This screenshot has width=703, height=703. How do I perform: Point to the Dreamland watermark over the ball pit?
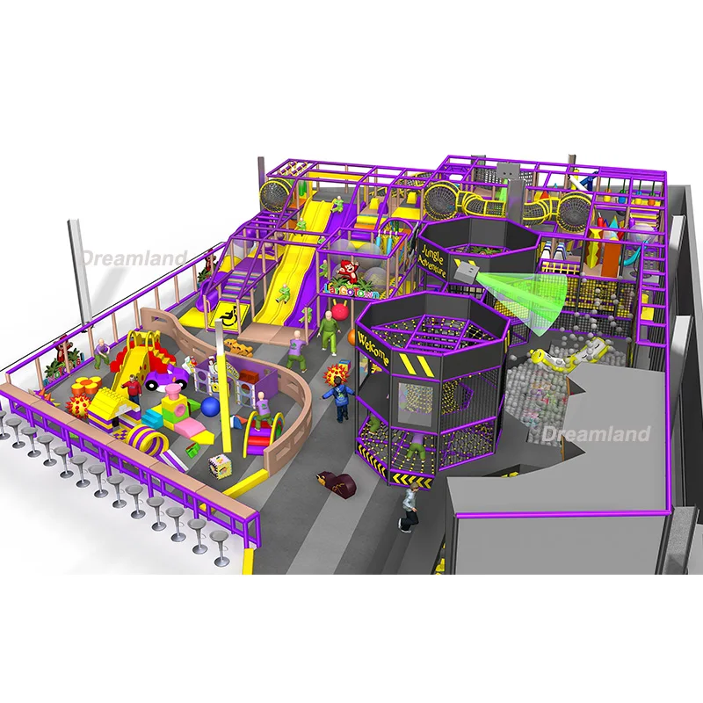tap(596, 434)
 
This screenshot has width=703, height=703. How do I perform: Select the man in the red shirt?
tap(132, 388)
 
